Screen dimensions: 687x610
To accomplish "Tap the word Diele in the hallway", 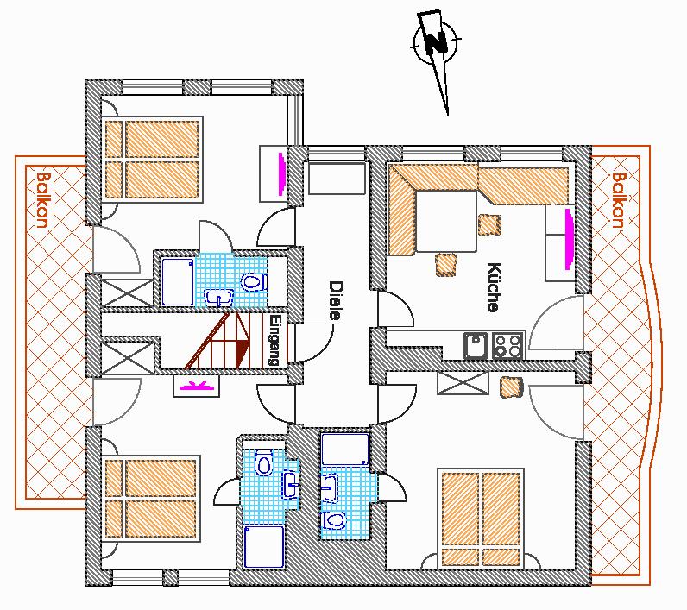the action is click(x=336, y=300).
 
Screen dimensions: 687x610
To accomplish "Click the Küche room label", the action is click(x=494, y=287).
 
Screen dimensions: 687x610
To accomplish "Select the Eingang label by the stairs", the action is click(x=274, y=340).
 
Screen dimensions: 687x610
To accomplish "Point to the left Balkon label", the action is click(x=43, y=200).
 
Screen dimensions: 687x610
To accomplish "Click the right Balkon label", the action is click(x=619, y=200).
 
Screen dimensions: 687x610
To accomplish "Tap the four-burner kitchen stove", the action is click(x=508, y=345).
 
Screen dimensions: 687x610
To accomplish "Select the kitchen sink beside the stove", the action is click(x=476, y=345).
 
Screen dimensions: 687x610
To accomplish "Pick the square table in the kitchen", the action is click(x=446, y=221).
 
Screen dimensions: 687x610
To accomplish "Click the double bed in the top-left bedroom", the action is click(x=153, y=159).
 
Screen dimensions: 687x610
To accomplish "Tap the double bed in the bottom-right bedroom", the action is click(x=481, y=519).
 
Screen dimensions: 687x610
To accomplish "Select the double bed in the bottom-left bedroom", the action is click(x=151, y=499).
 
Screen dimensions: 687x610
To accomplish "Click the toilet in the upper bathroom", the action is click(x=254, y=281).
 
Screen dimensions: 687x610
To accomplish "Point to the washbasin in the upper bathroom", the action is click(x=219, y=299).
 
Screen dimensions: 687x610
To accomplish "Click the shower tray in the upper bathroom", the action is click(x=178, y=281).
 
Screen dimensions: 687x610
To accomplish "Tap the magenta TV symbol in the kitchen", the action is click(x=569, y=239).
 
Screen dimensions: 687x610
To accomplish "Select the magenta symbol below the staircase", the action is click(x=195, y=386).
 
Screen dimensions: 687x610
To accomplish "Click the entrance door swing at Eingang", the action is click(x=313, y=343).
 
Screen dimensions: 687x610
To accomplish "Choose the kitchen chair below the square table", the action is click(x=446, y=265).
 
